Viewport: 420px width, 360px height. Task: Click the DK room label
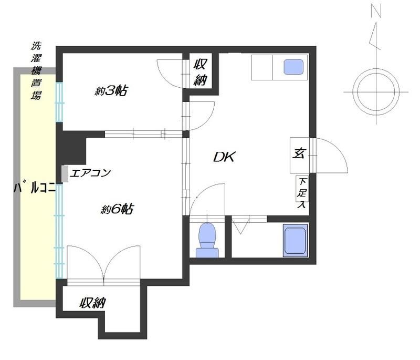click(225, 157)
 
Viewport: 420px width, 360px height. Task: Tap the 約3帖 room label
click(112, 91)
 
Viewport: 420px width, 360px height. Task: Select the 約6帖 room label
click(116, 209)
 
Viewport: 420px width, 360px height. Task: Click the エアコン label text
click(90, 172)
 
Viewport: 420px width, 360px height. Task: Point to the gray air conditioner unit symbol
click(65, 174)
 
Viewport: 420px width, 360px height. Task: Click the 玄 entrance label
click(299, 155)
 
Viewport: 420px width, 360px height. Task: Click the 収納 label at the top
click(200, 72)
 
